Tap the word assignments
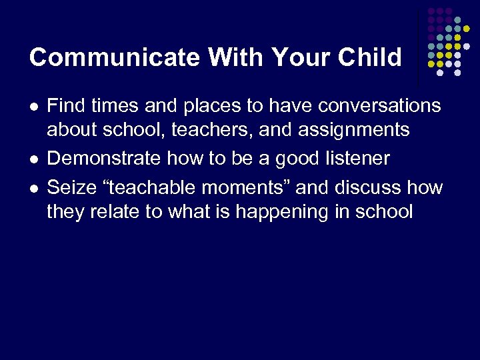coord(354,129)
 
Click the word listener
coord(357,159)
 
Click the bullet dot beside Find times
coord(33,107)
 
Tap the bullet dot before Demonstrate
coord(33,160)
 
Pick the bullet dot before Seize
coord(33,189)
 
